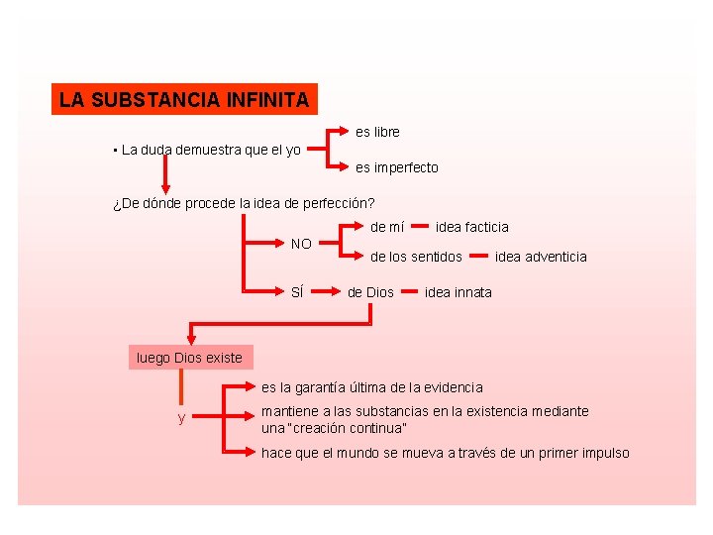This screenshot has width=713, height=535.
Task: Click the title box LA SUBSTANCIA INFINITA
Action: point(184,100)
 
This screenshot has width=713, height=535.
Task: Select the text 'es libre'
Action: point(377,132)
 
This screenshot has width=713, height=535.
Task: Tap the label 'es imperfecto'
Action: point(396,167)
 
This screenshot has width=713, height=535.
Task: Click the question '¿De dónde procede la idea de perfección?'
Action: point(243,204)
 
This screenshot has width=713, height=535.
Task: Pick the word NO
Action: point(301,244)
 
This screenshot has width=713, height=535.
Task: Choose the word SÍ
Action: point(296,292)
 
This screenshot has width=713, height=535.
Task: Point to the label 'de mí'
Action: point(388,227)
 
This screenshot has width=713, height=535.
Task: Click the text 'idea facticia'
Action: point(471,227)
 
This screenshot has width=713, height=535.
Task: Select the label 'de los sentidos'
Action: point(416,257)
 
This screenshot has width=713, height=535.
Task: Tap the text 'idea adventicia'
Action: point(541,257)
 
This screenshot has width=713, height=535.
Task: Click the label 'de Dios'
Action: point(370,292)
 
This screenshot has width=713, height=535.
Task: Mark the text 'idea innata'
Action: point(458,292)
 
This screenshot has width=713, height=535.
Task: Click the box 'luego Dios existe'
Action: point(189,358)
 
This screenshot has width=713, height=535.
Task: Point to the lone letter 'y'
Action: point(181,418)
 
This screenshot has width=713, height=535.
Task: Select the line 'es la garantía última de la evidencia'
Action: point(372,387)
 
